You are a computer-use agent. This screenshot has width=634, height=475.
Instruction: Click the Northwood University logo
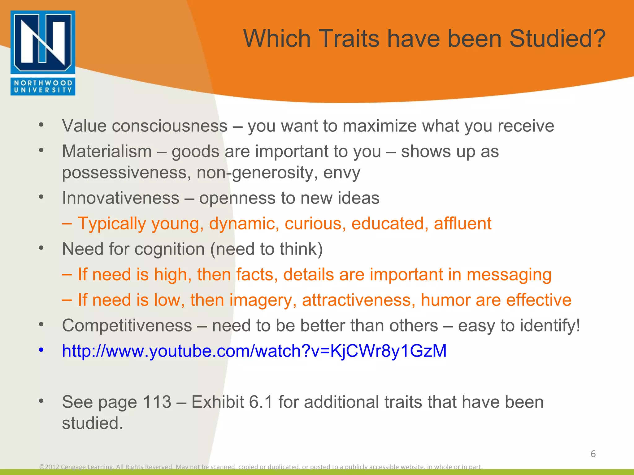coord(43,53)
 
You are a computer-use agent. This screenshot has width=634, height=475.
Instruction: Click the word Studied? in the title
coord(557,39)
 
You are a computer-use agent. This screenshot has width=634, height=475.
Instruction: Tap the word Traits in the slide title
coord(349,39)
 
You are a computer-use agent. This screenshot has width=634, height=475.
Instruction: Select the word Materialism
coord(107,152)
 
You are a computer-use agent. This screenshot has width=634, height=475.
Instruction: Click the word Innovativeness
coord(120,198)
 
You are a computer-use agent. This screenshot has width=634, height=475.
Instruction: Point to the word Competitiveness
coord(127,326)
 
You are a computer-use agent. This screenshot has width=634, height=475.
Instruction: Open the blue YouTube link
coord(254,351)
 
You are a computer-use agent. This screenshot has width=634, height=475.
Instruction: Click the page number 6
coord(593,454)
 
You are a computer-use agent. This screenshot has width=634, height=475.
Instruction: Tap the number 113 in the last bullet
coord(157,402)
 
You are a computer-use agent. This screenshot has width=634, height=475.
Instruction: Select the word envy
coord(341,173)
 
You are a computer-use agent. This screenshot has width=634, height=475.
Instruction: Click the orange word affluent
coord(462,224)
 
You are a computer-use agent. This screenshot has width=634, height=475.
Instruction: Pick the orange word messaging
coord(509,275)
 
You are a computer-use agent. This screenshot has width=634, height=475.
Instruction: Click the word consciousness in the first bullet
coord(170,126)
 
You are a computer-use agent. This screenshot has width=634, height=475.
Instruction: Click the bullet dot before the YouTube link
coord(41,350)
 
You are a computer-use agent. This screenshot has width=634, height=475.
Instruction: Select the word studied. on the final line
coord(92,423)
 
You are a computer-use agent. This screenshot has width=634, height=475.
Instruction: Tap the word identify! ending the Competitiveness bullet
coord(550,326)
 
